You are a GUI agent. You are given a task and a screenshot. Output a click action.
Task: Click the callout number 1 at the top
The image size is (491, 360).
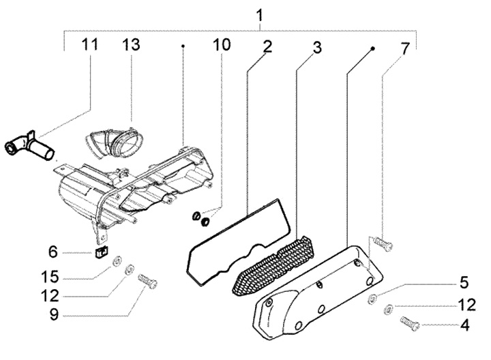(x=261, y=14)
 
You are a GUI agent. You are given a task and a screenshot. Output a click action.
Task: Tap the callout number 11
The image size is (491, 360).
(x=89, y=45)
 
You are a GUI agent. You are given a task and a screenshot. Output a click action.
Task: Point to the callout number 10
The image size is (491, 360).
(x=221, y=46)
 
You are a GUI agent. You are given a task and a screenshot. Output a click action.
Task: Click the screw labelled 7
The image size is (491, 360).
(x=383, y=241)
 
